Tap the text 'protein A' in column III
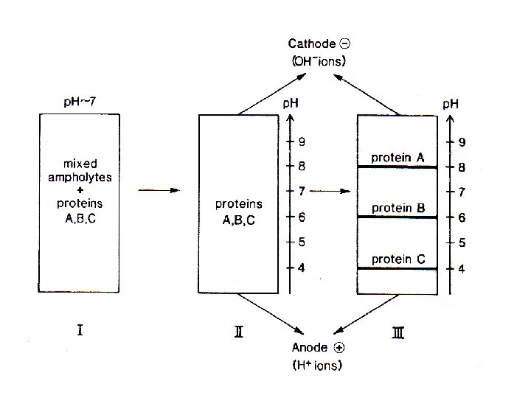coord(398,157)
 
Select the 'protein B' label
coord(398,208)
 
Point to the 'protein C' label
coord(398,259)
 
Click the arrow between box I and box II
coord(159,190)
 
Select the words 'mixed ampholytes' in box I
coord(79,170)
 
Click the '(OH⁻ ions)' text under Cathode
coord(318,61)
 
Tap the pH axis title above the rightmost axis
coord(451,103)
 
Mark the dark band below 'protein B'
coord(398,217)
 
